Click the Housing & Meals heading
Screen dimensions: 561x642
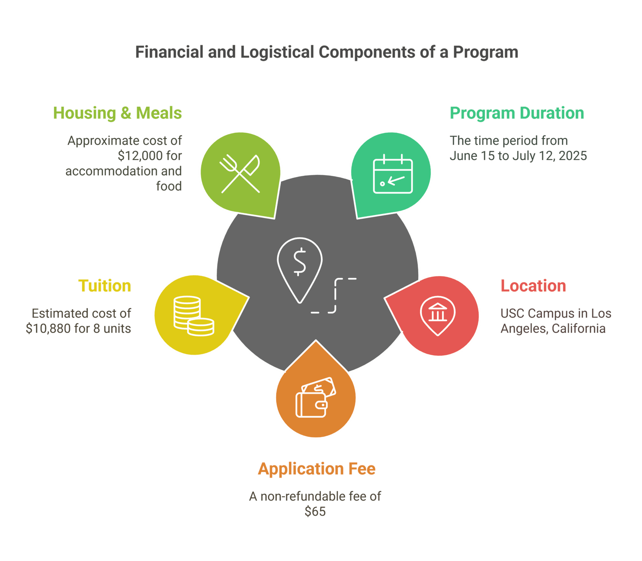(x=118, y=113)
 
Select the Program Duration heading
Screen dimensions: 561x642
(x=516, y=113)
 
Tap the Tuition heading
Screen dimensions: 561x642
(x=105, y=286)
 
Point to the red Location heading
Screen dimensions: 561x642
(x=533, y=286)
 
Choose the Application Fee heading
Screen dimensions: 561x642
(x=317, y=469)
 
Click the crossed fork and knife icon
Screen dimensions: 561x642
(x=240, y=174)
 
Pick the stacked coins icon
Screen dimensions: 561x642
(x=193, y=316)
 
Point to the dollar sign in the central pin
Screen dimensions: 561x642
(x=299, y=262)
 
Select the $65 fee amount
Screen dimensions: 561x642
(x=315, y=512)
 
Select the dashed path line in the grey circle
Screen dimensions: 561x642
(x=335, y=295)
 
